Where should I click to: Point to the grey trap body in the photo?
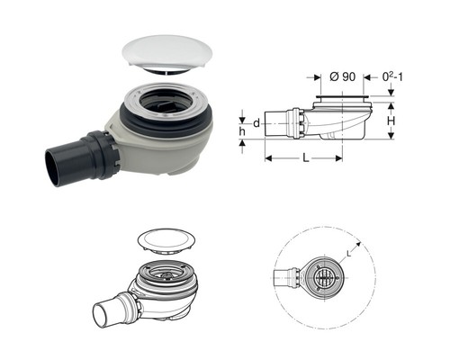pos(159,150)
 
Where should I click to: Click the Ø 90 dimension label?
pos(342,77)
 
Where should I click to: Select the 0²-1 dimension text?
pos(392,77)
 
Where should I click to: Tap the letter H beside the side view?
pos(391,121)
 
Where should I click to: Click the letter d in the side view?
pos(256,123)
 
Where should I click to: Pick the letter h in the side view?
pos(242,131)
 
